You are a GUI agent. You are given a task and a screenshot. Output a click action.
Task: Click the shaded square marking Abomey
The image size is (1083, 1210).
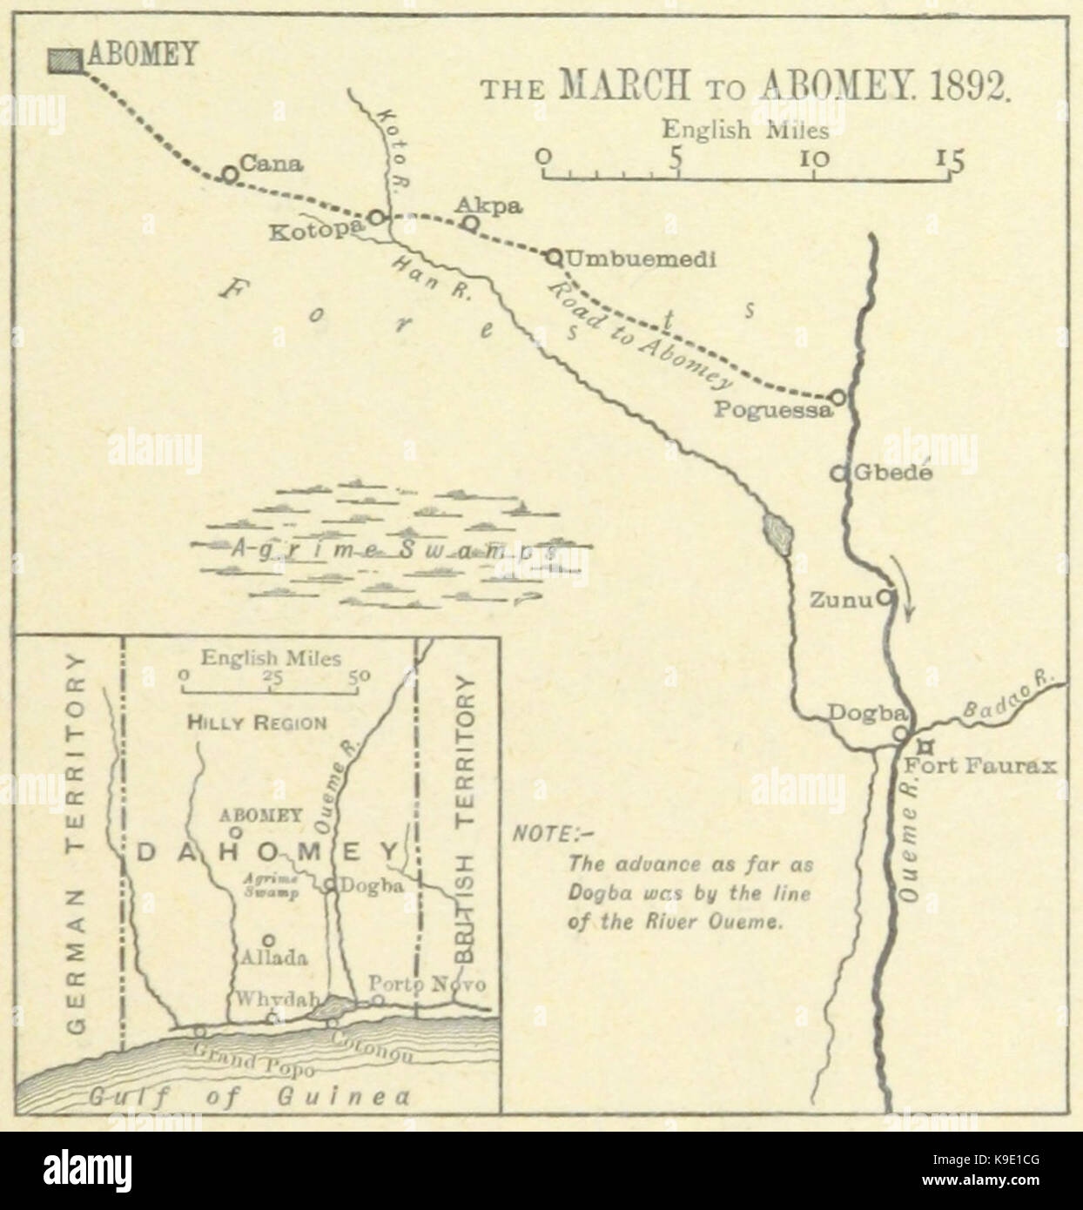(x=63, y=59)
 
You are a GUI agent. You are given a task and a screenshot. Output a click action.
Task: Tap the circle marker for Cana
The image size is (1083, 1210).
(x=229, y=175)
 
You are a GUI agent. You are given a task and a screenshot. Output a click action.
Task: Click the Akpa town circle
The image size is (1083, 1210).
(x=469, y=224)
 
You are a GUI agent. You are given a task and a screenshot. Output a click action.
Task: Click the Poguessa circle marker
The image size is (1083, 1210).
(x=837, y=397)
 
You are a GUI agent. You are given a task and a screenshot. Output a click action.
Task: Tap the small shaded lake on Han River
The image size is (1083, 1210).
(x=777, y=532)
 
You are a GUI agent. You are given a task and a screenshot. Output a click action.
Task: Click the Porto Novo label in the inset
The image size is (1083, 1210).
(x=427, y=984)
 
